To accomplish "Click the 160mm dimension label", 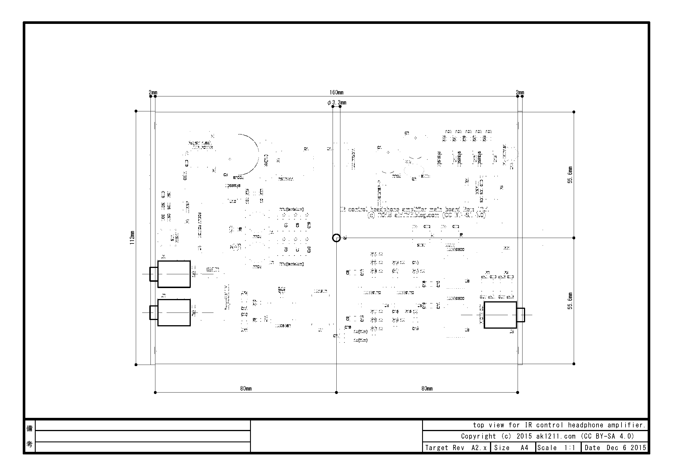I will tap(336, 93).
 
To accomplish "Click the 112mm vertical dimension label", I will tap(132, 238).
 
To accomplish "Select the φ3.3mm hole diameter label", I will tap(337, 102).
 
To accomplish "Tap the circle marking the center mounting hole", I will tap(336, 238).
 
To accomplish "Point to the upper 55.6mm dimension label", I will tap(570, 175).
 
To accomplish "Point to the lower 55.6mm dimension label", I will tap(570, 301).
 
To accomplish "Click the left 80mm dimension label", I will tap(246, 389).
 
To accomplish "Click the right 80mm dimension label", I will tap(427, 389).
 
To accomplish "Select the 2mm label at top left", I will tap(153, 93).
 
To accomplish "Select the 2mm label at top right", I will tap(520, 93).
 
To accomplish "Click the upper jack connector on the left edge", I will tap(174, 274).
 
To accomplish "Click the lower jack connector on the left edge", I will tap(174, 313).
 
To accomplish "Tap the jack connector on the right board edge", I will tap(500, 315).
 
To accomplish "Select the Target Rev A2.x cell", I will tap(455, 448).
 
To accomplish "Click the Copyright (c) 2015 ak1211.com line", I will tap(547, 436).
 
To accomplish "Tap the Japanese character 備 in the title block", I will tap(30, 429).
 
